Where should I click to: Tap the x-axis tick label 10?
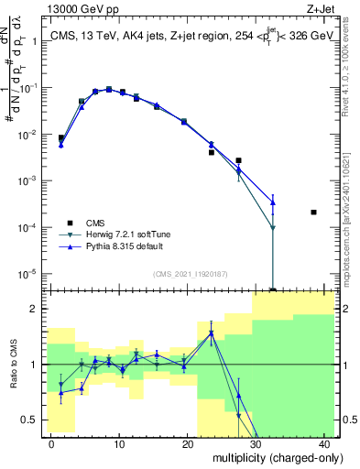point(118,443)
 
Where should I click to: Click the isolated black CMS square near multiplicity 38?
point(313,212)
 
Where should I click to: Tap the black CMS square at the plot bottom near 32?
point(273,289)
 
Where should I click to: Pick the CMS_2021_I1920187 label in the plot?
point(189,273)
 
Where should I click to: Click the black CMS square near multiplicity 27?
point(238,160)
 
